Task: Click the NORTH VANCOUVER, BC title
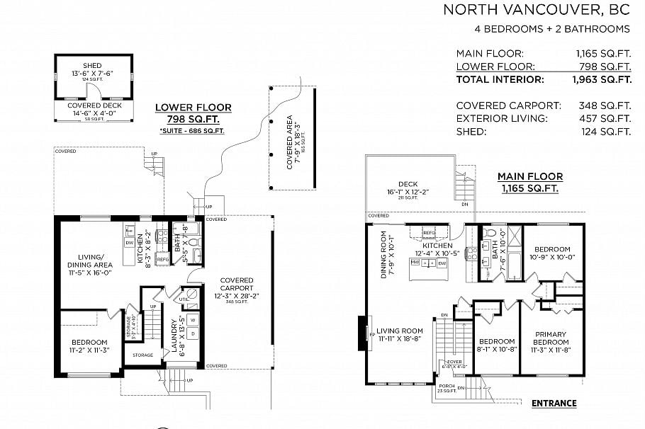[536, 10]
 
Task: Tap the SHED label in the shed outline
[92, 66]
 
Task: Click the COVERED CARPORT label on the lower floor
[236, 284]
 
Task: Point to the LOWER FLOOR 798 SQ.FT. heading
[193, 113]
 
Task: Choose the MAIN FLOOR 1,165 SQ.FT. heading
[529, 182]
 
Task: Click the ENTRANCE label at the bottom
[554, 404]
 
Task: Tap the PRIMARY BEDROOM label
[551, 338]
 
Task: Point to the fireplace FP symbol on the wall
[371, 333]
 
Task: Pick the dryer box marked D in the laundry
[193, 335]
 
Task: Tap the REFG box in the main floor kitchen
[429, 232]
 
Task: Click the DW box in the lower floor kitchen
[130, 242]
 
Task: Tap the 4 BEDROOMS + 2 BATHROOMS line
[552, 29]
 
